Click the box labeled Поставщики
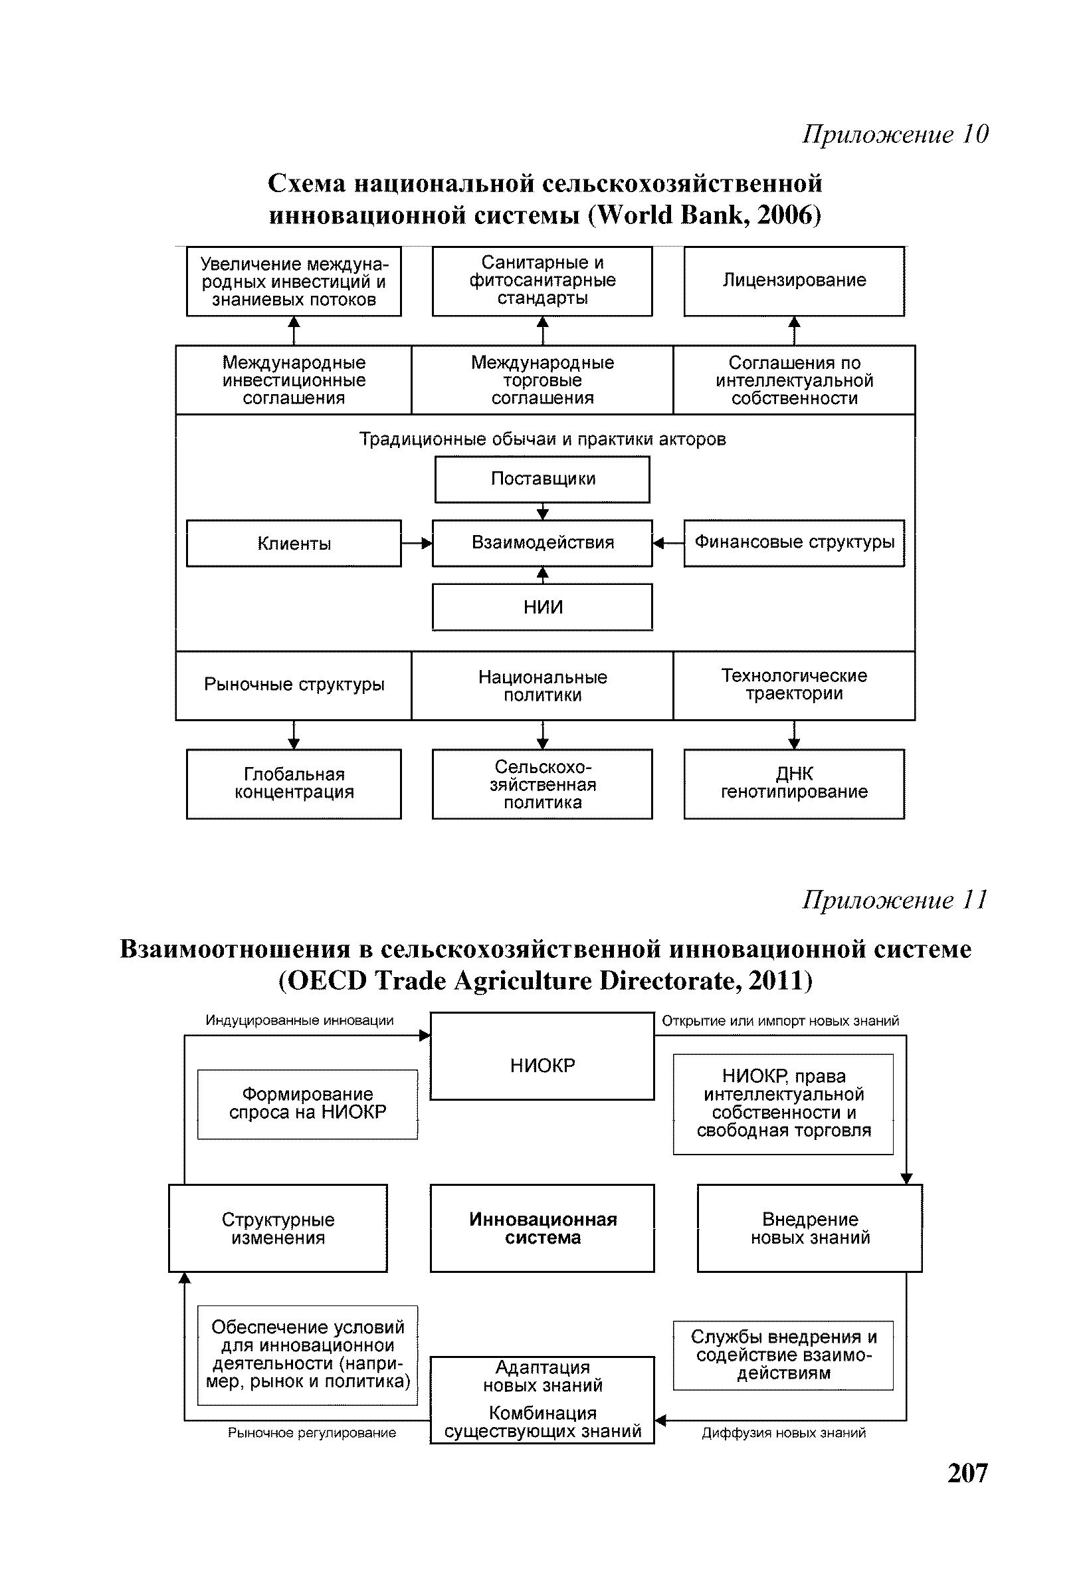[542, 479]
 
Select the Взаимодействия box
[542, 543]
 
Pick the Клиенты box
[294, 544]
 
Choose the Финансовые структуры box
[793, 543]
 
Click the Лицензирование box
[793, 281]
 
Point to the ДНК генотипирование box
[793, 784]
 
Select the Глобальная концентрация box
[294, 784]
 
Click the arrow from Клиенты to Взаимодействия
[417, 544]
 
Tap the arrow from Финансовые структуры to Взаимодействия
[668, 544]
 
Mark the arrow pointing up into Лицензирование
[793, 330]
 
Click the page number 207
[967, 1473]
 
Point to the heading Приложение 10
[895, 134]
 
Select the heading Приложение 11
[895, 900]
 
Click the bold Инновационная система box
[542, 1228]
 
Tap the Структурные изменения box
[278, 1228]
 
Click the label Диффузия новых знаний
[783, 1432]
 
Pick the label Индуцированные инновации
[300, 1020]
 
